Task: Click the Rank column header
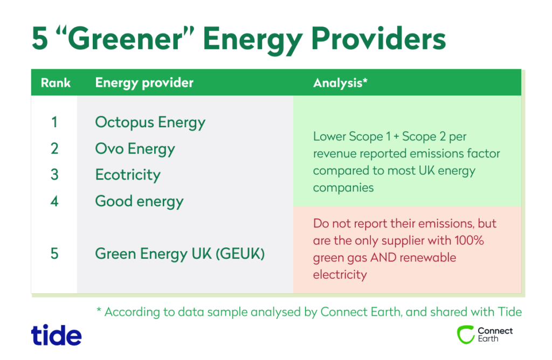(x=56, y=82)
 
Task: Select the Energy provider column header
(x=144, y=83)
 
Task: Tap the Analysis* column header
(x=340, y=83)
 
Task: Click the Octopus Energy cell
(x=150, y=122)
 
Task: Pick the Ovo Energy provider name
(x=135, y=149)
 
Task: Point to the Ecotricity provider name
(x=128, y=175)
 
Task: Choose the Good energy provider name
(x=140, y=202)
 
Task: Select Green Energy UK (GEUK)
(x=180, y=254)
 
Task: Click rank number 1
(x=54, y=122)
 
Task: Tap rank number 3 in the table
(x=54, y=175)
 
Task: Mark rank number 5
(x=54, y=254)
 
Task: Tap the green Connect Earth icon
(x=466, y=335)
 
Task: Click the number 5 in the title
(x=40, y=38)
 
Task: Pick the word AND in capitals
(x=383, y=258)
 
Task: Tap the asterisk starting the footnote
(x=99, y=310)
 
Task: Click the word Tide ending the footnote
(x=510, y=312)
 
